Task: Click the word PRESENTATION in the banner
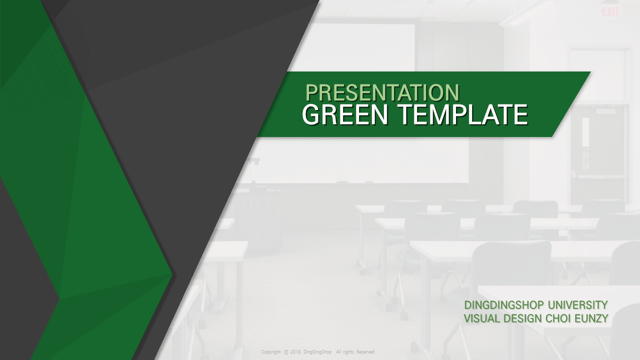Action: [382, 92]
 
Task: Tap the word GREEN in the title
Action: [345, 114]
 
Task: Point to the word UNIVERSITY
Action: [577, 305]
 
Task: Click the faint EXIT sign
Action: [609, 11]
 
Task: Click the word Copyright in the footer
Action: [271, 352]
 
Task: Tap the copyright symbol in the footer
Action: [286, 352]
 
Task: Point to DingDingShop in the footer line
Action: [317, 352]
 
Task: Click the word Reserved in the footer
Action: [365, 352]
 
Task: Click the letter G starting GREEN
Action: [310, 114]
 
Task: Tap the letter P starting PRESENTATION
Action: [311, 92]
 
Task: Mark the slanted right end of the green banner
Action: [571, 104]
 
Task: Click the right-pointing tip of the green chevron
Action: [172, 274]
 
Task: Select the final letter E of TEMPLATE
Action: [521, 114]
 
